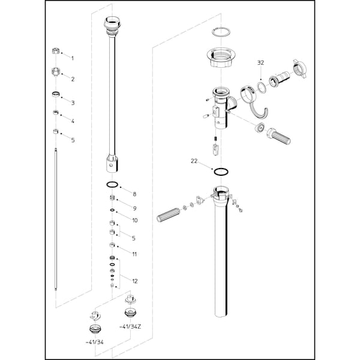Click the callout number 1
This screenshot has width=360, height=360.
coord(73,58)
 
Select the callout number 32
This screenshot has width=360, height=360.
coord(260,62)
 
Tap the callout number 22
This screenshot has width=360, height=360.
coord(194,161)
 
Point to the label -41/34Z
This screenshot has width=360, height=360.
coord(130,327)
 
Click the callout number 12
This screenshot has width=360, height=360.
coord(135,281)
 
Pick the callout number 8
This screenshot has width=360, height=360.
coord(134,194)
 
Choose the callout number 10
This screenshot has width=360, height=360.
coord(135,220)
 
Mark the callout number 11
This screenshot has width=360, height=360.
coord(134,254)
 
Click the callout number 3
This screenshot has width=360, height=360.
coord(73,103)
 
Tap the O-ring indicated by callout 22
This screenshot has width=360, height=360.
coord(221,172)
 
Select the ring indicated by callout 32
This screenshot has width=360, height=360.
coord(261,88)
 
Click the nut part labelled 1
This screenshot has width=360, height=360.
coord(56,51)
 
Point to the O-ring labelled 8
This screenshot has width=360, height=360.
coord(113,184)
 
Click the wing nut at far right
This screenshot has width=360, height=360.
coord(299,68)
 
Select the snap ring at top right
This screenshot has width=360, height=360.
coord(221,32)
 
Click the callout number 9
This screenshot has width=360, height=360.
coord(134,208)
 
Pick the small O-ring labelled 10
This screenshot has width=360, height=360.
coord(112,210)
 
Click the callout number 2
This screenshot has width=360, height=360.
coord(73,79)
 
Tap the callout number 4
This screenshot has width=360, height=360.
coord(73,121)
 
